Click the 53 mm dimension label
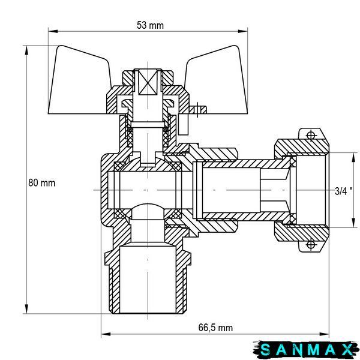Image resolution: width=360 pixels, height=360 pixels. (x=150, y=25)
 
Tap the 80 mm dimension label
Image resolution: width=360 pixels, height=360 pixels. (x=42, y=183)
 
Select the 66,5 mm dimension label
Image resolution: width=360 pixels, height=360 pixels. (x=215, y=328)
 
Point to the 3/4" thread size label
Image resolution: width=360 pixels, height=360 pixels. (x=343, y=191)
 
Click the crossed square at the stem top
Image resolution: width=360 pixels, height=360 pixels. (x=148, y=82)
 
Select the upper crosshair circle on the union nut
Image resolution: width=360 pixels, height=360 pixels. (x=310, y=135)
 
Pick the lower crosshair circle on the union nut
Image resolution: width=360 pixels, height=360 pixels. (x=310, y=244)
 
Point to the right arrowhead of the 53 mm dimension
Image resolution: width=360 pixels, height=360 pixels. (x=242, y=31)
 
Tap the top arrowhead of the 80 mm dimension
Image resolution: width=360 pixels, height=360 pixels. (x=26, y=50)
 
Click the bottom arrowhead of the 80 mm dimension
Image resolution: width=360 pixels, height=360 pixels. (x=26, y=309)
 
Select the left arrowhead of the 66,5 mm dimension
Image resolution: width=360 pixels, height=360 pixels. (x=106, y=334)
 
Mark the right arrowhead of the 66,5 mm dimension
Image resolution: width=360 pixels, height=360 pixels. (x=324, y=334)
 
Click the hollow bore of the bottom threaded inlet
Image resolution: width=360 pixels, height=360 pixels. (x=148, y=280)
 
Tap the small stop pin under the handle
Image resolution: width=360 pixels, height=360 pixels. (x=184, y=124)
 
